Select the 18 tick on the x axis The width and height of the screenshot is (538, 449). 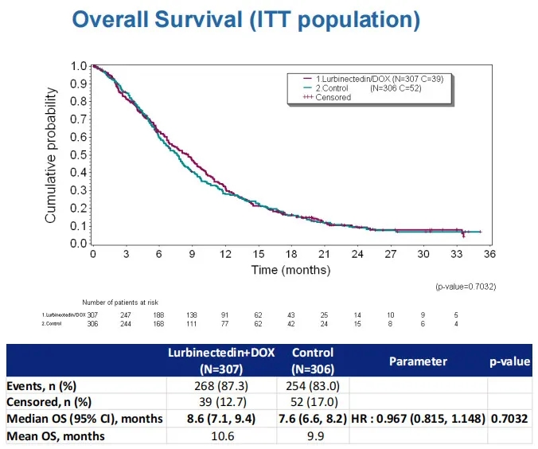tap(291, 254)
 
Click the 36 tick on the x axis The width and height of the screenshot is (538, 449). tap(489, 254)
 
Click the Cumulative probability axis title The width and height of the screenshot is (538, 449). tap(51, 154)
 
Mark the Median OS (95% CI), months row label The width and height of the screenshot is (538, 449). tap(85, 419)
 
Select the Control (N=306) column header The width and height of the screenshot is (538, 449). tap(313, 361)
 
